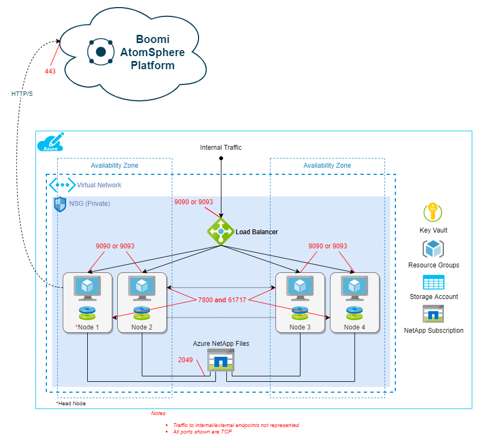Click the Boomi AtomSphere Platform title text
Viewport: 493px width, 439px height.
click(153, 53)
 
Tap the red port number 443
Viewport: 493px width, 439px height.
click(51, 71)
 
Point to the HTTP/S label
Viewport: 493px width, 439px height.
click(22, 94)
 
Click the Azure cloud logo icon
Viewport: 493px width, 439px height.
click(50, 143)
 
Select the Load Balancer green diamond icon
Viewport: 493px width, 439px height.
click(220, 231)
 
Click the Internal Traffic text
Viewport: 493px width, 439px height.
click(220, 148)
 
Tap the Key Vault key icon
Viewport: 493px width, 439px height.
click(433, 212)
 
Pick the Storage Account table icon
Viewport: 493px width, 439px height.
click(434, 282)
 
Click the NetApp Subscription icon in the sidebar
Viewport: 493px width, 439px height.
click(434, 314)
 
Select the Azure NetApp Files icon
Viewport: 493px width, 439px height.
click(220, 360)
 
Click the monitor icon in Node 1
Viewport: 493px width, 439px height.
click(87, 288)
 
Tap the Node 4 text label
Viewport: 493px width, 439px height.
click(354, 327)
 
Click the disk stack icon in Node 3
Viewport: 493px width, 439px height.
click(300, 313)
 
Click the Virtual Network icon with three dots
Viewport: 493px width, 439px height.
click(62, 185)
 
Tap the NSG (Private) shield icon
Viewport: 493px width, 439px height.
click(60, 204)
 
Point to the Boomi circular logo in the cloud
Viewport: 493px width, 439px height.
click(101, 52)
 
